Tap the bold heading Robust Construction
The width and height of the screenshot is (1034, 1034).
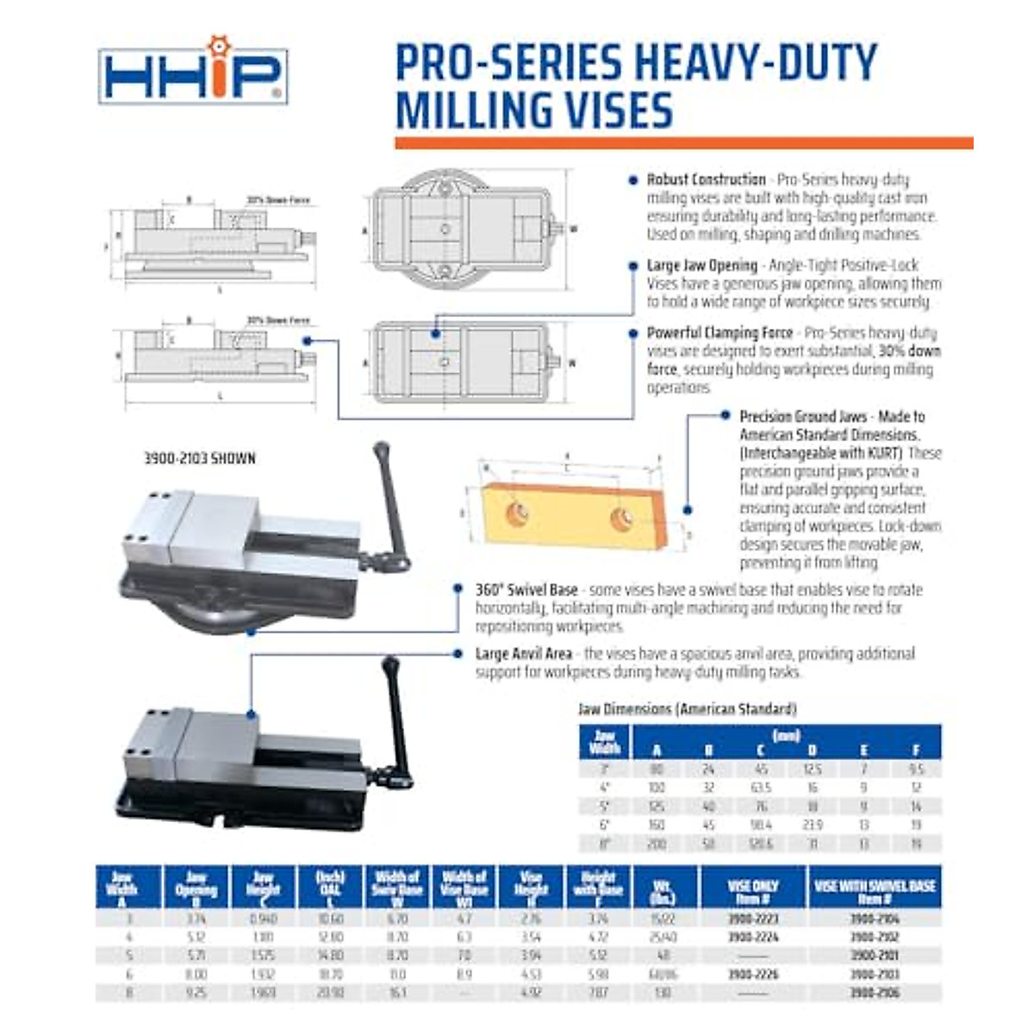point(706,180)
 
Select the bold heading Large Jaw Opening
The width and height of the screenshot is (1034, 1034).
point(701,265)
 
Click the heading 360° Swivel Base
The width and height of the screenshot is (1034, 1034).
point(526,590)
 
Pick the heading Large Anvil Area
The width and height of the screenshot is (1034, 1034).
point(523,654)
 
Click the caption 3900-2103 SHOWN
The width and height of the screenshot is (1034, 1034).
point(199,458)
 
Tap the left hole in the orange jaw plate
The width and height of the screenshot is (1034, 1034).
point(517,514)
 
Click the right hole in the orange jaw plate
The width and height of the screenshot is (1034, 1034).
point(620,519)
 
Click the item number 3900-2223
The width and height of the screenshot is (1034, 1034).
point(753,919)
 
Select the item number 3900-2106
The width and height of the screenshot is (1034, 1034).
point(874,993)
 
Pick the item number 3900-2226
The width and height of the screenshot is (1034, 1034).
point(753,975)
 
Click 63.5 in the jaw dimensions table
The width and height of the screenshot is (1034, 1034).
point(760,788)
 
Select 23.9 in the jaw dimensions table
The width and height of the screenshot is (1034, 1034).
point(812,825)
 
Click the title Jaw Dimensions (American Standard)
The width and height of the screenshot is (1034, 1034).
point(687,709)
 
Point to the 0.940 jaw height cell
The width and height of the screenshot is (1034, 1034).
point(263,919)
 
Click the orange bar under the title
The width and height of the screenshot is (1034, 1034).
point(683,143)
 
